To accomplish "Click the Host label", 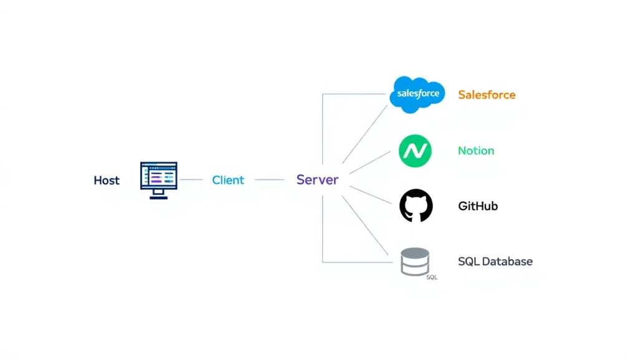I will click(107, 181).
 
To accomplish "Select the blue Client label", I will click(228, 180).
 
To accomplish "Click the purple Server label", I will click(317, 180).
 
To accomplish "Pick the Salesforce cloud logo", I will click(417, 95).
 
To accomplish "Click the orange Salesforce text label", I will click(487, 95).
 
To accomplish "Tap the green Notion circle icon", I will click(415, 151).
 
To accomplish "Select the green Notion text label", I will click(476, 151).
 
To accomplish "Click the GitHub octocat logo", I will click(416, 206).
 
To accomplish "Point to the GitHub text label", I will click(478, 206).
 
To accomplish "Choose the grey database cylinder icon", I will click(415, 262).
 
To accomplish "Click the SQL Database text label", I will click(495, 262).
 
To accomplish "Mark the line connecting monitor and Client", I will click(191, 180).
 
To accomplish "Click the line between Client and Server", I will click(269, 180).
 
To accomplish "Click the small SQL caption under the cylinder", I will click(432, 277).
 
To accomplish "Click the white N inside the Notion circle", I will click(415, 151).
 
